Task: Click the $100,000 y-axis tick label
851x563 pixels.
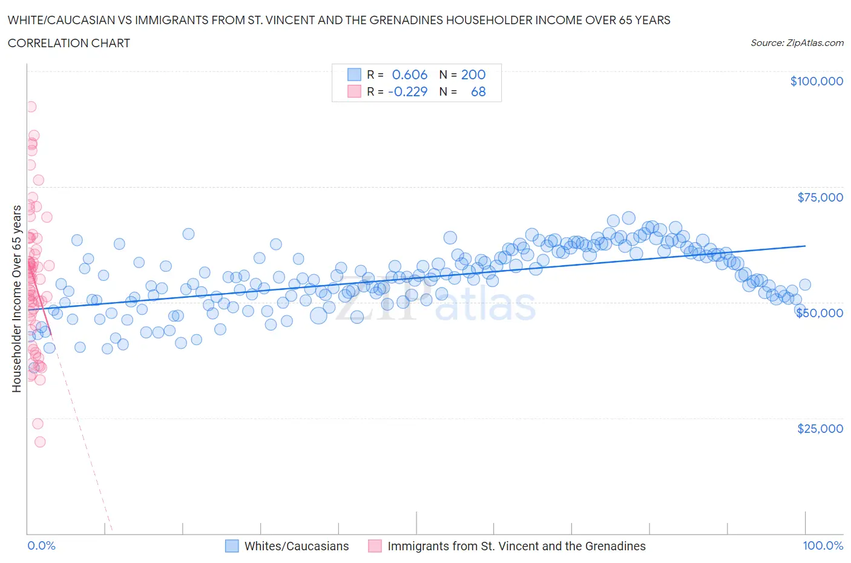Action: point(816,81)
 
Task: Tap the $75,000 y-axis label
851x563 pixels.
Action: point(820,197)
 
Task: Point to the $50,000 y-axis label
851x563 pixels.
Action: point(820,313)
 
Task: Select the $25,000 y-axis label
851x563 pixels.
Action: point(820,429)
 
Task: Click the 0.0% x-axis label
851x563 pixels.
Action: point(41,545)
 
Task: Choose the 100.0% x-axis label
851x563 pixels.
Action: point(823,545)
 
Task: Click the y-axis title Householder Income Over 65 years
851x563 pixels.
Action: point(17,298)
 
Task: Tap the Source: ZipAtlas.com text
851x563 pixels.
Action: point(797,42)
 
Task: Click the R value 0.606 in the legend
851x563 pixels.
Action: point(410,74)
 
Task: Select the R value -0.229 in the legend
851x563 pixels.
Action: point(407,91)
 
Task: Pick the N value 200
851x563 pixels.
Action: point(473,74)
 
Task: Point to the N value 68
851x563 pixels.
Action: point(478,91)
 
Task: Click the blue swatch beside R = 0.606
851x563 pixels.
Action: point(354,74)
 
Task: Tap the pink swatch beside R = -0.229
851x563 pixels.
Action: point(354,91)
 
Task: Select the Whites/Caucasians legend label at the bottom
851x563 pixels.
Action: point(297,546)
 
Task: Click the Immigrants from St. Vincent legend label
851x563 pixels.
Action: point(516,546)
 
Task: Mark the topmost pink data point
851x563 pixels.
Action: point(31,107)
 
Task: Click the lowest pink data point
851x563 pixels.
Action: point(40,442)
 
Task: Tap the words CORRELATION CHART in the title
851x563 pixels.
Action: point(69,43)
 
